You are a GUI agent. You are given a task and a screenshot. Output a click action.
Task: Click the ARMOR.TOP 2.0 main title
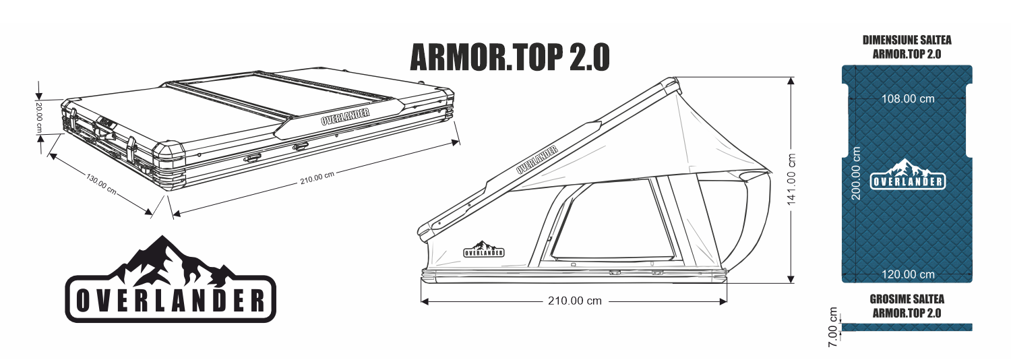[510, 58]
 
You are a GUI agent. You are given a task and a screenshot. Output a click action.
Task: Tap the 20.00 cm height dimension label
[40, 117]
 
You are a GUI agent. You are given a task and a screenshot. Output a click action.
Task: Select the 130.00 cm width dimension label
[101, 183]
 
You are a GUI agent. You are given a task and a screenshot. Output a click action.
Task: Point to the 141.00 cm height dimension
[793, 179]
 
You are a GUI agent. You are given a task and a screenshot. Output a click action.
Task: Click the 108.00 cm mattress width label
[908, 98]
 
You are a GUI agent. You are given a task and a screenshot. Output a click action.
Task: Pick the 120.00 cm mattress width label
[908, 274]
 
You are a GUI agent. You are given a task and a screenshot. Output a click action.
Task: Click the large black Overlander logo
[171, 280]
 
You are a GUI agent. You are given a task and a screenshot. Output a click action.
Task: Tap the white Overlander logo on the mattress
[908, 175]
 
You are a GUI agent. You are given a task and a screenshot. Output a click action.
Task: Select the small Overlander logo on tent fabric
[484, 250]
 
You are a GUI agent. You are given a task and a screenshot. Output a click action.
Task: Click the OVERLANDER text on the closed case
[346, 115]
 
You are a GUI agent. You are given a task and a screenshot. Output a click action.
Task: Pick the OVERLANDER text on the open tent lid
[537, 160]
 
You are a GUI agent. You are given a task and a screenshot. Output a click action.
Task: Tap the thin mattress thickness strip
[908, 328]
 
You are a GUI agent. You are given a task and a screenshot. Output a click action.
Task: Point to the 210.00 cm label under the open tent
[574, 301]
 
